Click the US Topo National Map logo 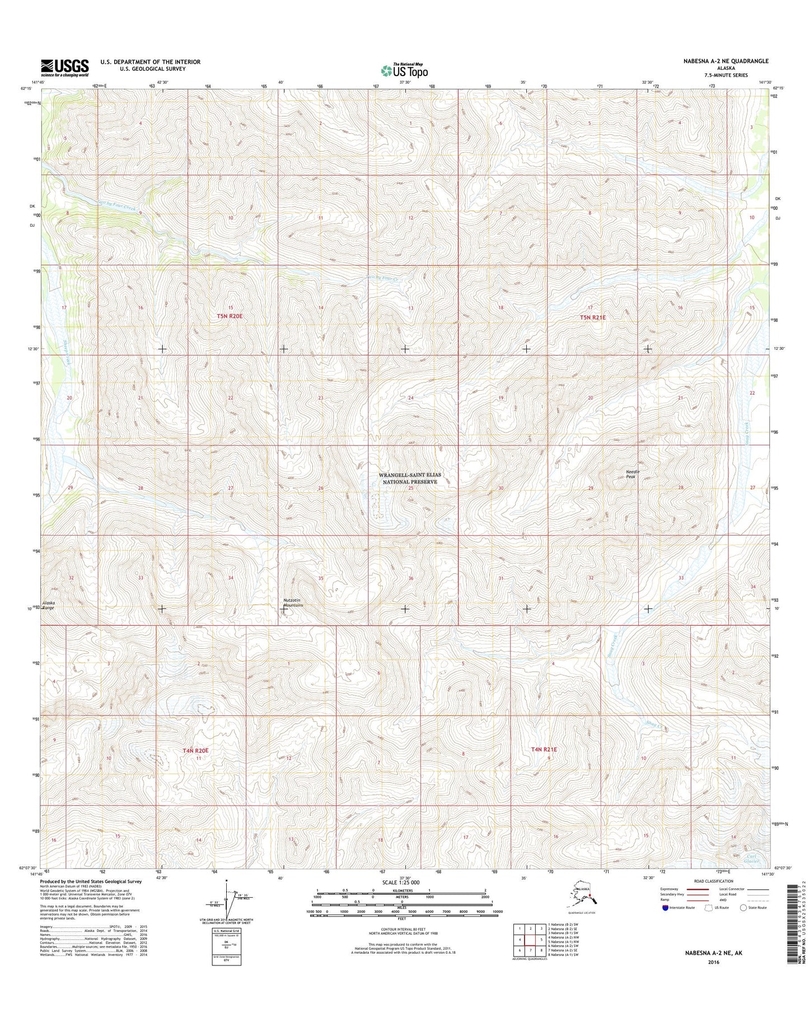tap(404, 70)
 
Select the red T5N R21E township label tap(593, 317)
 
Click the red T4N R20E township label tap(195, 750)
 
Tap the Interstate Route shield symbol tap(665, 907)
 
